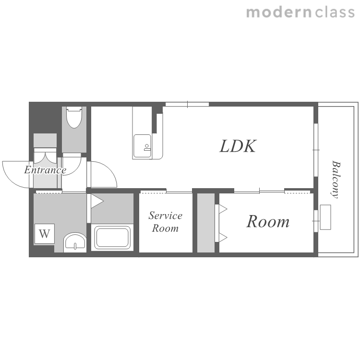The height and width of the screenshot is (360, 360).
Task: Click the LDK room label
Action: coord(238,146)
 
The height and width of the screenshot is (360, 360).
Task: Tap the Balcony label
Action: coord(336,179)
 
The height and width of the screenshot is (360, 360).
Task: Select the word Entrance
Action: coord(45,170)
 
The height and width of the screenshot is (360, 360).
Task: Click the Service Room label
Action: coord(165,222)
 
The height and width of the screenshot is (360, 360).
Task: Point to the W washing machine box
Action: coord(45,234)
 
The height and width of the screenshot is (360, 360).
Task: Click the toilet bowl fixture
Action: coord(74,117)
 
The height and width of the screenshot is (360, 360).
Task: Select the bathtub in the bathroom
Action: coord(112,238)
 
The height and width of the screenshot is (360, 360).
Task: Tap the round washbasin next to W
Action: coord(75,243)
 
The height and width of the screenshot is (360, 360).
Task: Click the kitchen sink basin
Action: coord(143,146)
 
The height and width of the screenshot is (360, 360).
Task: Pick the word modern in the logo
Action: coord(279,12)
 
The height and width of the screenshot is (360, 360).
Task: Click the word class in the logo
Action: coord(335,12)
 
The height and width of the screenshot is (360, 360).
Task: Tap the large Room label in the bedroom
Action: coord(268,222)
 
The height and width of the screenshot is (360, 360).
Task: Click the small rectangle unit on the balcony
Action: coord(325,217)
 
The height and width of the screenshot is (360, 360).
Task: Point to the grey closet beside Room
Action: coord(206,223)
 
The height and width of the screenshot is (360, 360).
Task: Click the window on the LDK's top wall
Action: coord(187,104)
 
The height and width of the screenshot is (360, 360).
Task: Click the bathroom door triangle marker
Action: coord(97,201)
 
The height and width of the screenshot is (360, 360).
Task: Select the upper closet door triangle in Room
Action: coord(223,209)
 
